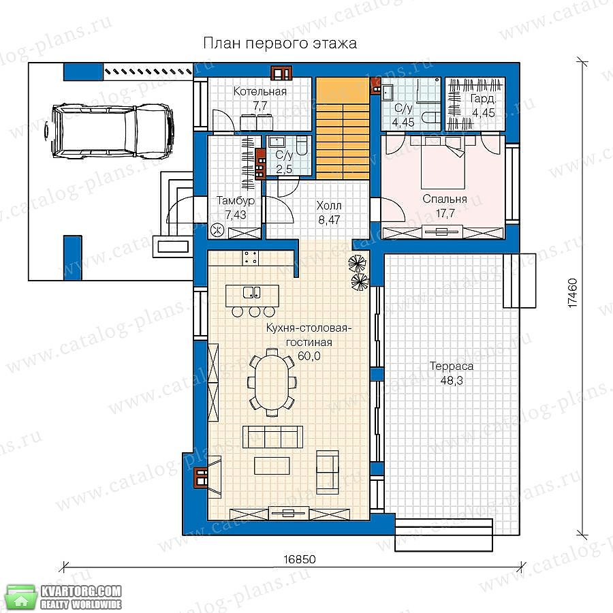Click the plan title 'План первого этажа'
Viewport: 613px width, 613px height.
point(280,44)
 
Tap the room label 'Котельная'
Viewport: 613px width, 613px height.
point(260,91)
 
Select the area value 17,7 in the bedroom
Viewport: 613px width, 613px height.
point(445,213)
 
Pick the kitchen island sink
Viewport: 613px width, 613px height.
point(252,292)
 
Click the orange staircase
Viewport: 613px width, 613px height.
point(343,128)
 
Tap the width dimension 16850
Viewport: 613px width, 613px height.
point(300,559)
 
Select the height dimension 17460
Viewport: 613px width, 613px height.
point(572,293)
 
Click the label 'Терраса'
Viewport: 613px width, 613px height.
point(452,366)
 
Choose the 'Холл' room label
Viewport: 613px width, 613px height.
point(329,205)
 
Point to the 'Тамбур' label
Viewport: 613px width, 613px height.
point(236,200)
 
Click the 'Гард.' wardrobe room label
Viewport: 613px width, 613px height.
point(483,99)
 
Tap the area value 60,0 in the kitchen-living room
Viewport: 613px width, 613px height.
point(309,356)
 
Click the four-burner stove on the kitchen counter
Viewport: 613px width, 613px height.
point(251,257)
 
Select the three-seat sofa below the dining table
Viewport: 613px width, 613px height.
point(272,437)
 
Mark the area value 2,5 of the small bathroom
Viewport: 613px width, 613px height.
point(284,169)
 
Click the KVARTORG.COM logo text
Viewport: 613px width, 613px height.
point(81,591)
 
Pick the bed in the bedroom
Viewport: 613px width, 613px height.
point(443,164)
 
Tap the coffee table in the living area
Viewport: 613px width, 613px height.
point(272,466)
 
